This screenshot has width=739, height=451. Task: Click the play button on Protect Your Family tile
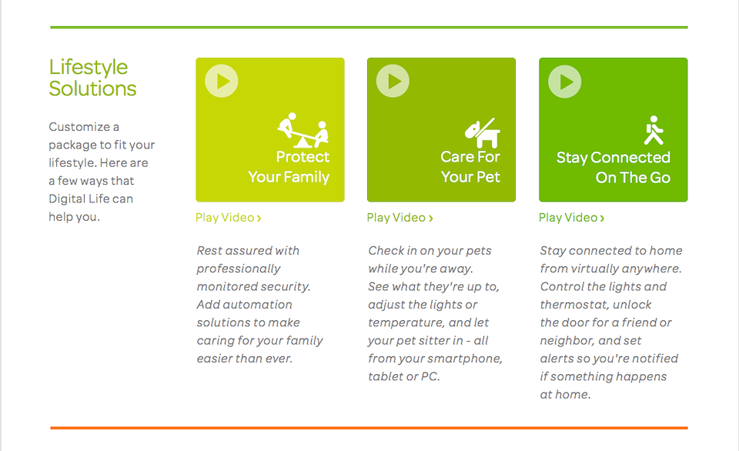[x=222, y=81]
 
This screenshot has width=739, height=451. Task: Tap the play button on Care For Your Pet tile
[x=393, y=81]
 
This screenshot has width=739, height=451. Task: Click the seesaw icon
[x=303, y=130]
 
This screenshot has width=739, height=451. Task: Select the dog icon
[x=482, y=133]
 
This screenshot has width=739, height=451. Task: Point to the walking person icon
[x=654, y=131]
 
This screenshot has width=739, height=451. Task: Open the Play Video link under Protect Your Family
[x=228, y=218]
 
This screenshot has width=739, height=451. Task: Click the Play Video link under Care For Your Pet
[x=400, y=218]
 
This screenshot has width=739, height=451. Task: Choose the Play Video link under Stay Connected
[x=571, y=218]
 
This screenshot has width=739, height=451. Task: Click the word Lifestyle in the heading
[x=89, y=68]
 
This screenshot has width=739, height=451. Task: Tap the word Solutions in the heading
[x=92, y=89]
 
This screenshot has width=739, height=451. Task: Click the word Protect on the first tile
[x=303, y=157]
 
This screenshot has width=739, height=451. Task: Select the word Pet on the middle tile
[x=487, y=177]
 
